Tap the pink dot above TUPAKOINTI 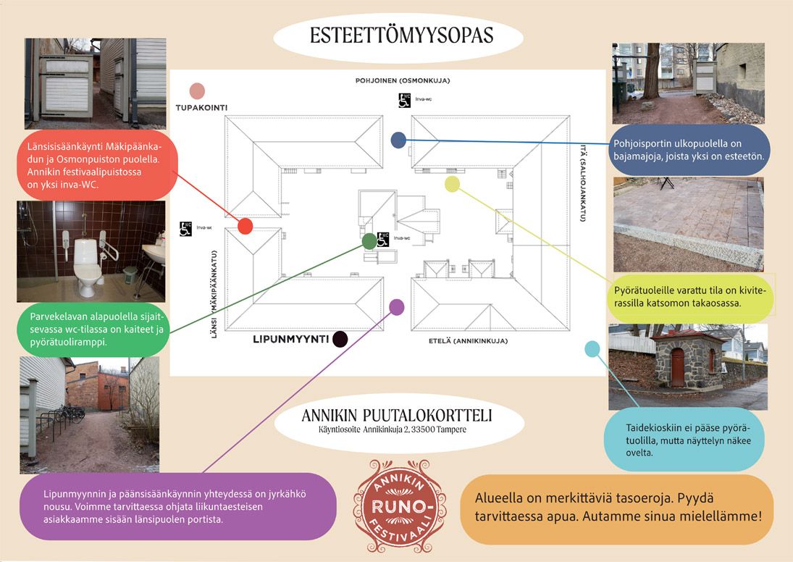pos(196,91)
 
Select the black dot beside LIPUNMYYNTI pos(340,339)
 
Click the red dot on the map pos(245,226)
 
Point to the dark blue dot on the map pos(398,140)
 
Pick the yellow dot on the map pos(452,184)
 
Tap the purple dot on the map pos(396,306)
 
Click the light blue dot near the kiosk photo pos(592,349)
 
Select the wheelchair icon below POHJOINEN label pos(404,99)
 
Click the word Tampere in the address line pos(447,429)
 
